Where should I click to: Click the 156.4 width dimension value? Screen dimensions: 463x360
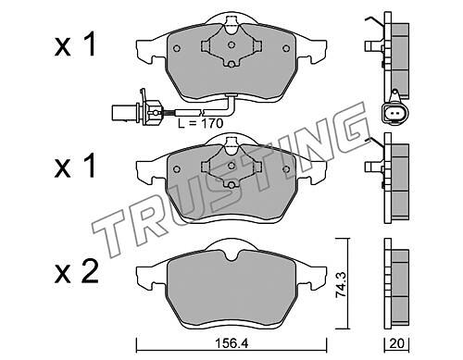click(x=231, y=343)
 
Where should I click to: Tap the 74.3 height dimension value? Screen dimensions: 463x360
click(x=341, y=284)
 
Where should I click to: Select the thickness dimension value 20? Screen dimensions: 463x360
click(x=396, y=343)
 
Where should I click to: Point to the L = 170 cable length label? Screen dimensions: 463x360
click(x=200, y=123)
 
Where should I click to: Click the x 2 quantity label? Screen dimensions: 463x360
click(x=77, y=272)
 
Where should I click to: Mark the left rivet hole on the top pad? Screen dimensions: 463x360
click(x=177, y=48)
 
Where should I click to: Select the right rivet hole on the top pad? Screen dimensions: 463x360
click(x=286, y=48)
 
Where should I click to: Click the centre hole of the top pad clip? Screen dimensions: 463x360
click(x=231, y=45)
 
